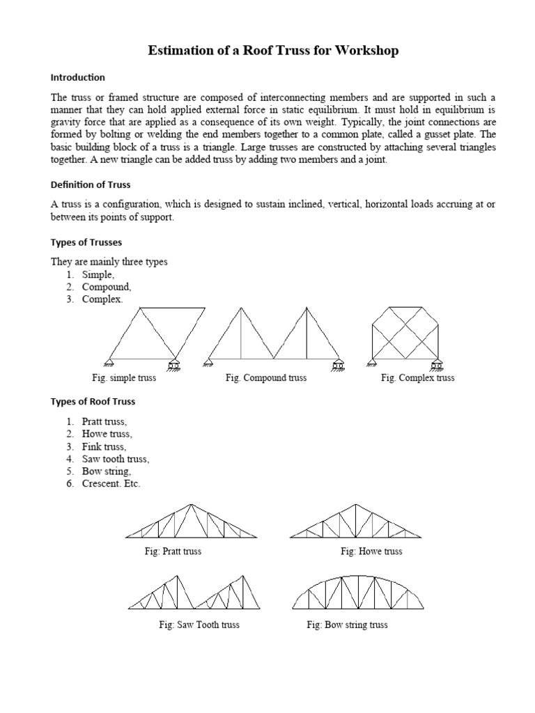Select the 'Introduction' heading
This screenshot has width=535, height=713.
77,77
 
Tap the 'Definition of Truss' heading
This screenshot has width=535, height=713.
91,185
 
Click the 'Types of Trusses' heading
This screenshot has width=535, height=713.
86,242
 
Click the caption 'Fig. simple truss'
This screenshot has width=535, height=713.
124,377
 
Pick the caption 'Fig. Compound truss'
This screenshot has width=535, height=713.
266,377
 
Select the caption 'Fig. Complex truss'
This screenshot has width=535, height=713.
417,377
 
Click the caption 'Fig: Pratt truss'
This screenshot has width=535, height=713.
169,551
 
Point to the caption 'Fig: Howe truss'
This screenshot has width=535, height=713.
371,551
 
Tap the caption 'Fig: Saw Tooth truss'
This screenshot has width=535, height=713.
199,625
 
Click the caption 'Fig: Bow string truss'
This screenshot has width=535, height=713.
347,625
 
